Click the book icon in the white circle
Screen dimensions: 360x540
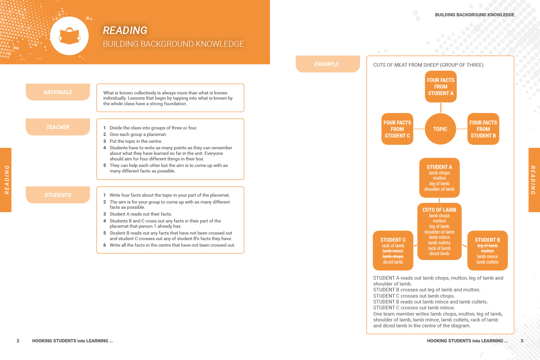point(70,37)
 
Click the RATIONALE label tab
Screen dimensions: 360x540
point(58,92)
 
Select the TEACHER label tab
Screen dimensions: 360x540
point(58,127)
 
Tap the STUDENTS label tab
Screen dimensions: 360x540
point(58,195)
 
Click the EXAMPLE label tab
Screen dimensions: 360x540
point(327,64)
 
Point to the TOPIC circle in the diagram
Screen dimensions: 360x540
point(440,129)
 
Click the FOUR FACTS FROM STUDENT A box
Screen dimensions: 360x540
point(441,87)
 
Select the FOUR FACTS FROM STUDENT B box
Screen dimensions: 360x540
point(483,129)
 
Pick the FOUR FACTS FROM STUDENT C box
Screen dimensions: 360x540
point(397,129)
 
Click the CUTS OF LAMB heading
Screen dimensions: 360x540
point(439,210)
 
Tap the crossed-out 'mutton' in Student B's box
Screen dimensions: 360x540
point(487,251)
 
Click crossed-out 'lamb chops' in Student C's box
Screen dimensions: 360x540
point(393,256)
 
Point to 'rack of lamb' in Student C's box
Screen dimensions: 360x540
point(393,246)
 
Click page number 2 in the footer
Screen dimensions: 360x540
point(18,341)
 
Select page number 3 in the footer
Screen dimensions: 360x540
point(522,341)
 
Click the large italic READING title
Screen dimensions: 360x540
point(125,30)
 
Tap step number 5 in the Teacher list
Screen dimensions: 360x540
point(105,165)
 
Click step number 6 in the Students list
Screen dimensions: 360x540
point(105,245)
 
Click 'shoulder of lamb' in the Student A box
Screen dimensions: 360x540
point(439,189)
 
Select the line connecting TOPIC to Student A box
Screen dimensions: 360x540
point(441,108)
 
